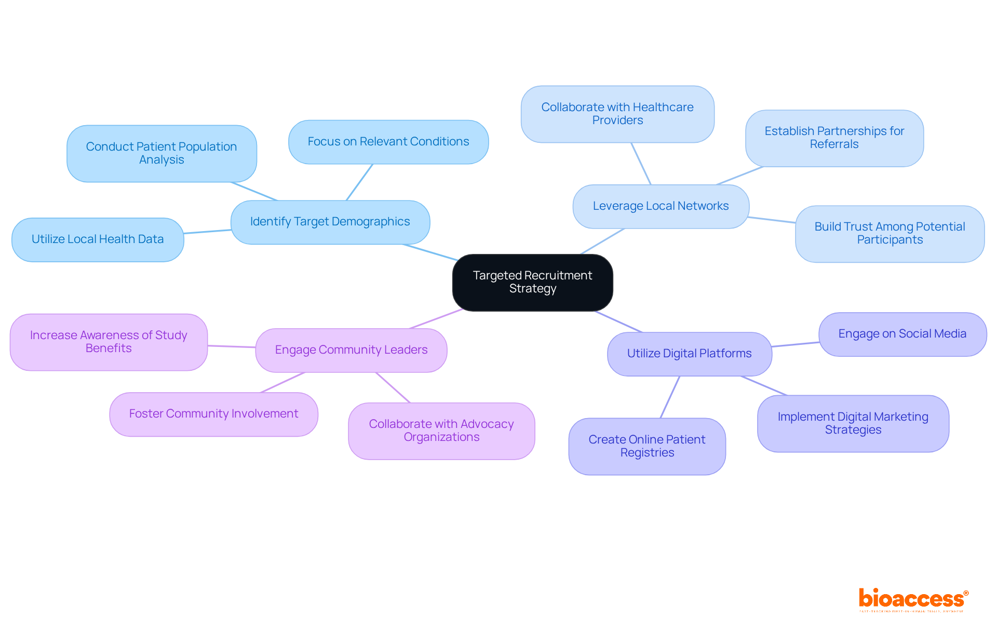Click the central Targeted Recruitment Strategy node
tap(532, 282)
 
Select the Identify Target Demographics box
tap(330, 222)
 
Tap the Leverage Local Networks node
tap(661, 206)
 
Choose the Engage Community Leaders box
tap(351, 350)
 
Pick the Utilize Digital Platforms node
tap(689, 354)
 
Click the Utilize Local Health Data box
tap(98, 239)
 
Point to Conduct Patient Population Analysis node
tap(161, 153)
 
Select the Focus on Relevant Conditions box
tap(388, 142)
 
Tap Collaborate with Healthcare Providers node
tap(617, 114)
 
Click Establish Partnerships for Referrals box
tap(834, 138)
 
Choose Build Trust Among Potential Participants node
tap(890, 233)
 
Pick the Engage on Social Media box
tap(902, 334)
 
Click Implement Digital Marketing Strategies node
tap(853, 423)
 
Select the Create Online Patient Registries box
tap(647, 446)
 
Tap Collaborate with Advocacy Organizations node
tap(441, 431)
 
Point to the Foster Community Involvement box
tap(213, 414)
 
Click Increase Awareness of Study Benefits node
tap(109, 342)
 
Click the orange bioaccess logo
tap(912, 599)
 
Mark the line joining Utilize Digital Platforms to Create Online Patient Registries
tap(670, 397)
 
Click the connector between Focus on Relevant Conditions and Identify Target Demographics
tap(359, 182)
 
